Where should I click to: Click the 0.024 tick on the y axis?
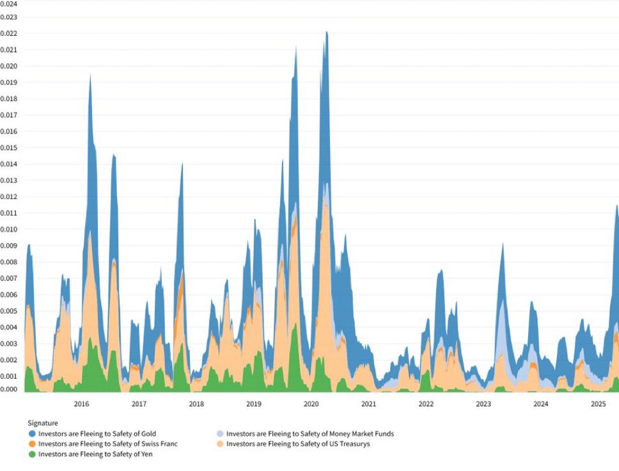(x=9, y=3)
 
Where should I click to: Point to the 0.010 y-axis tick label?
(x=9, y=229)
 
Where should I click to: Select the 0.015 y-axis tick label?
(x=9, y=148)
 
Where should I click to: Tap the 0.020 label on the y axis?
(x=9, y=66)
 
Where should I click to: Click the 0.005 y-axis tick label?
(x=9, y=311)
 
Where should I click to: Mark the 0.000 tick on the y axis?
(x=9, y=389)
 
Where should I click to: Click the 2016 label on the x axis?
(x=81, y=404)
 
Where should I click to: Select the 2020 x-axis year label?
(x=311, y=404)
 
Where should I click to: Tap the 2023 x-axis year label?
(x=483, y=404)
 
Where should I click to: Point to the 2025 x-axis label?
(x=598, y=404)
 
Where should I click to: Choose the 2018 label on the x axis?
(x=196, y=404)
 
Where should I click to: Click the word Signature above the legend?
(x=43, y=423)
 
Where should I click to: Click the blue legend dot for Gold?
(x=32, y=434)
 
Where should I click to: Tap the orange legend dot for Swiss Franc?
(x=32, y=443)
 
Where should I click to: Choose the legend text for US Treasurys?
(x=298, y=443)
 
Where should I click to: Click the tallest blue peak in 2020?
(x=326, y=32)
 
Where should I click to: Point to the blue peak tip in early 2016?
(x=90, y=75)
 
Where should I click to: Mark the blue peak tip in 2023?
(x=503, y=244)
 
